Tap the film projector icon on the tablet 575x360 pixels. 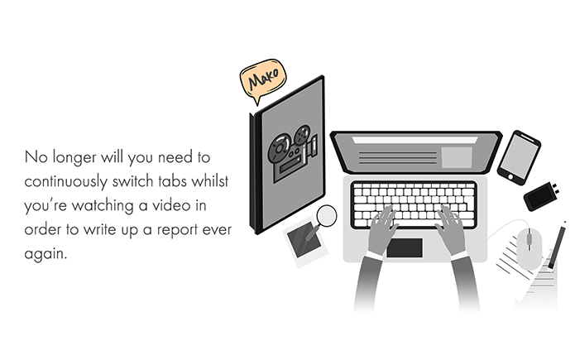point(292,152)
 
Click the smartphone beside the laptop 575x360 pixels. point(519,157)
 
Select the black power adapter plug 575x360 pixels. point(541,196)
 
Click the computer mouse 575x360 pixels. point(529,248)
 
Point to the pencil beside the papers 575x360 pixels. point(558,245)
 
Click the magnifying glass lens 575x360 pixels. point(326,216)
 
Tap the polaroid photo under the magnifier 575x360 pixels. point(305,242)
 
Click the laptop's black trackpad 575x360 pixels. point(405,247)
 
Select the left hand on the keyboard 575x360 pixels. point(382,229)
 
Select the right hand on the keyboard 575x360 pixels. point(451,229)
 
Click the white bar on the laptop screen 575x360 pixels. point(414,140)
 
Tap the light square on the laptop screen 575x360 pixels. point(457,157)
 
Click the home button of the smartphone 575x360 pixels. point(510,177)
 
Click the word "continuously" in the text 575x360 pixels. point(66,181)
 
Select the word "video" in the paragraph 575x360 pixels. point(171,205)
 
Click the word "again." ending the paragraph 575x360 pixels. point(46,254)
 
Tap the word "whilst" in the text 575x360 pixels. point(210,181)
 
